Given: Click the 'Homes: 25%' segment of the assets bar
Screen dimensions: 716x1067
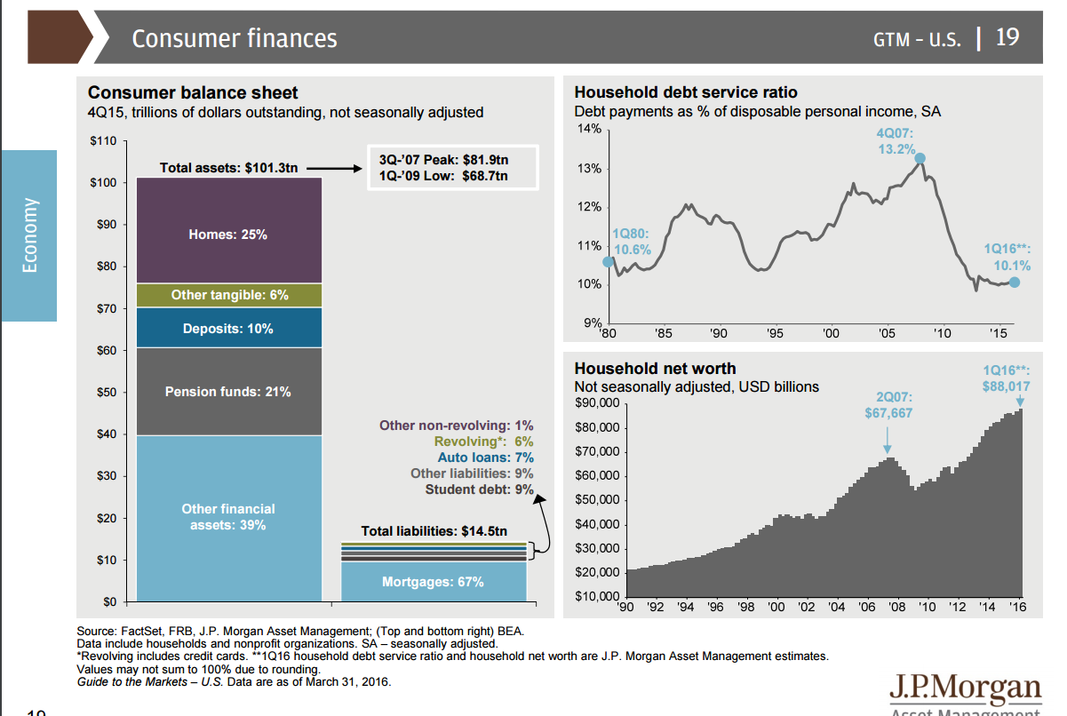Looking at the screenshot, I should (x=228, y=235).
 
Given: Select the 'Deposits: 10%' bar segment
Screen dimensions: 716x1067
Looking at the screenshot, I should (x=228, y=329).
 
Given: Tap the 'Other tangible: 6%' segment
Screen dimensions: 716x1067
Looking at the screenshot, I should (x=228, y=295).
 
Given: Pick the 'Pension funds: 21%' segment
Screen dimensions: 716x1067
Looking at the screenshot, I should (x=228, y=392).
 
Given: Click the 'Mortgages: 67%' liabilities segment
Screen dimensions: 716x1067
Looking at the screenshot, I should (x=433, y=582).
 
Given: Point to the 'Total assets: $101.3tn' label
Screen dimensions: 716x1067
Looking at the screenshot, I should (x=228, y=167).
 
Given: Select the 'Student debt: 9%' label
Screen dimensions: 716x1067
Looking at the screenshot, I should (x=479, y=489).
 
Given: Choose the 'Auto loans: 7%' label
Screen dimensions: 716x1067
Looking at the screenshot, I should (x=485, y=457).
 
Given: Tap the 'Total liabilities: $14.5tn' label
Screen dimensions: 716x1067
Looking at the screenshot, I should (x=434, y=531).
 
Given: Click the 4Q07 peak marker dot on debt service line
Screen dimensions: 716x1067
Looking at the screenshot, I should (x=920, y=159).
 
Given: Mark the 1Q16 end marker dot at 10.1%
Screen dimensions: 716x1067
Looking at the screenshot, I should (x=1015, y=282).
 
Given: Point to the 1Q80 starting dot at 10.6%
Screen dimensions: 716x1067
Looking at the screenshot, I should (x=609, y=262).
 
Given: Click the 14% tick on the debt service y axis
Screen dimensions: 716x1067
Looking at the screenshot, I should (x=591, y=130).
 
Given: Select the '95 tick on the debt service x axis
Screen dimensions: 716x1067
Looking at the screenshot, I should (x=775, y=333).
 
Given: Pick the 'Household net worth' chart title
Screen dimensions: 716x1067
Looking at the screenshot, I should (x=655, y=368).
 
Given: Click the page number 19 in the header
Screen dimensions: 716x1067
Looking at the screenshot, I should (x=1007, y=37).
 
